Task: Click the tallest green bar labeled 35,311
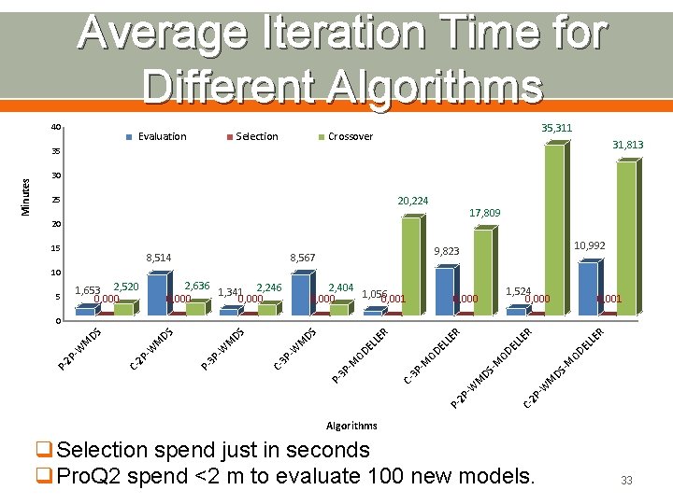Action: click(x=554, y=229)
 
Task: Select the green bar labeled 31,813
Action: click(x=625, y=238)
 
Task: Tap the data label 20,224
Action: click(x=413, y=201)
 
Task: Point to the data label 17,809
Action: click(x=484, y=213)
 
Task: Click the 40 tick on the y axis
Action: click(x=56, y=128)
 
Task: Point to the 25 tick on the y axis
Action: click(x=56, y=201)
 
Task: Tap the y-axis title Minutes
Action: click(x=26, y=196)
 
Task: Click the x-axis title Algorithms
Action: click(x=351, y=426)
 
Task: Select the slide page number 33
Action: click(x=626, y=480)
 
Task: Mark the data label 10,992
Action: click(x=589, y=245)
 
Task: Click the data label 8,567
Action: click(x=304, y=257)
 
